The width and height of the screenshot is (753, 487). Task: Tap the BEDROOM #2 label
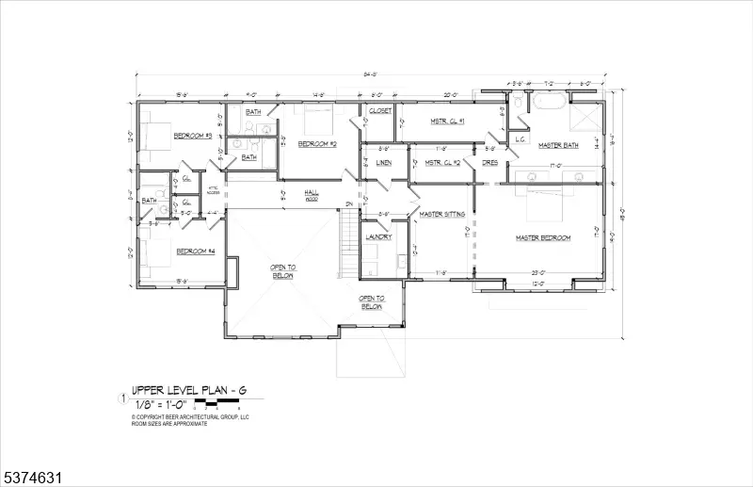coord(317,143)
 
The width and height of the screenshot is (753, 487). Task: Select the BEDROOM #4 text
coord(196,252)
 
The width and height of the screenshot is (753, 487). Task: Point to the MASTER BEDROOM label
coord(542,237)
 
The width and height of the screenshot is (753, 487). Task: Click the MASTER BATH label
coord(557,145)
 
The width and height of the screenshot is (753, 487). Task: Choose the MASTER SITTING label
coord(441,214)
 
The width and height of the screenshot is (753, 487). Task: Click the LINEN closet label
coord(383,163)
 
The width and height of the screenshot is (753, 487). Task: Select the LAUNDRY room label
coord(378,236)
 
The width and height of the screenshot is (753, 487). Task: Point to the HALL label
coord(311,192)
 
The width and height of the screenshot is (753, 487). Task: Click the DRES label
coord(489,163)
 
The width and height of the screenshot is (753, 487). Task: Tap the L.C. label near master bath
coord(519,139)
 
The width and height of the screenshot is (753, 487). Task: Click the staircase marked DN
coord(349,240)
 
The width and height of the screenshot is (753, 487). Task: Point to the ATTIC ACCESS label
coord(214,191)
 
